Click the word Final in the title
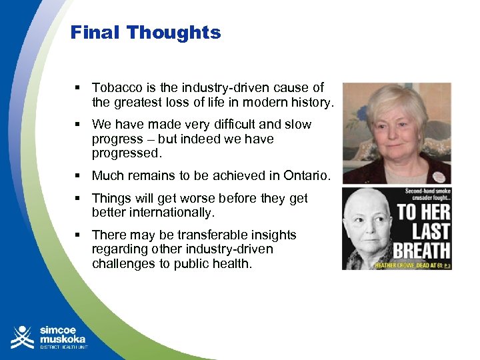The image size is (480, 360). pos(95,33)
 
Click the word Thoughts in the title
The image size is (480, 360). pos(174,33)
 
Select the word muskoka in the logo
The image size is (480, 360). pos(63,338)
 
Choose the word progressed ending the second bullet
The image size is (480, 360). pos(126,154)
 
